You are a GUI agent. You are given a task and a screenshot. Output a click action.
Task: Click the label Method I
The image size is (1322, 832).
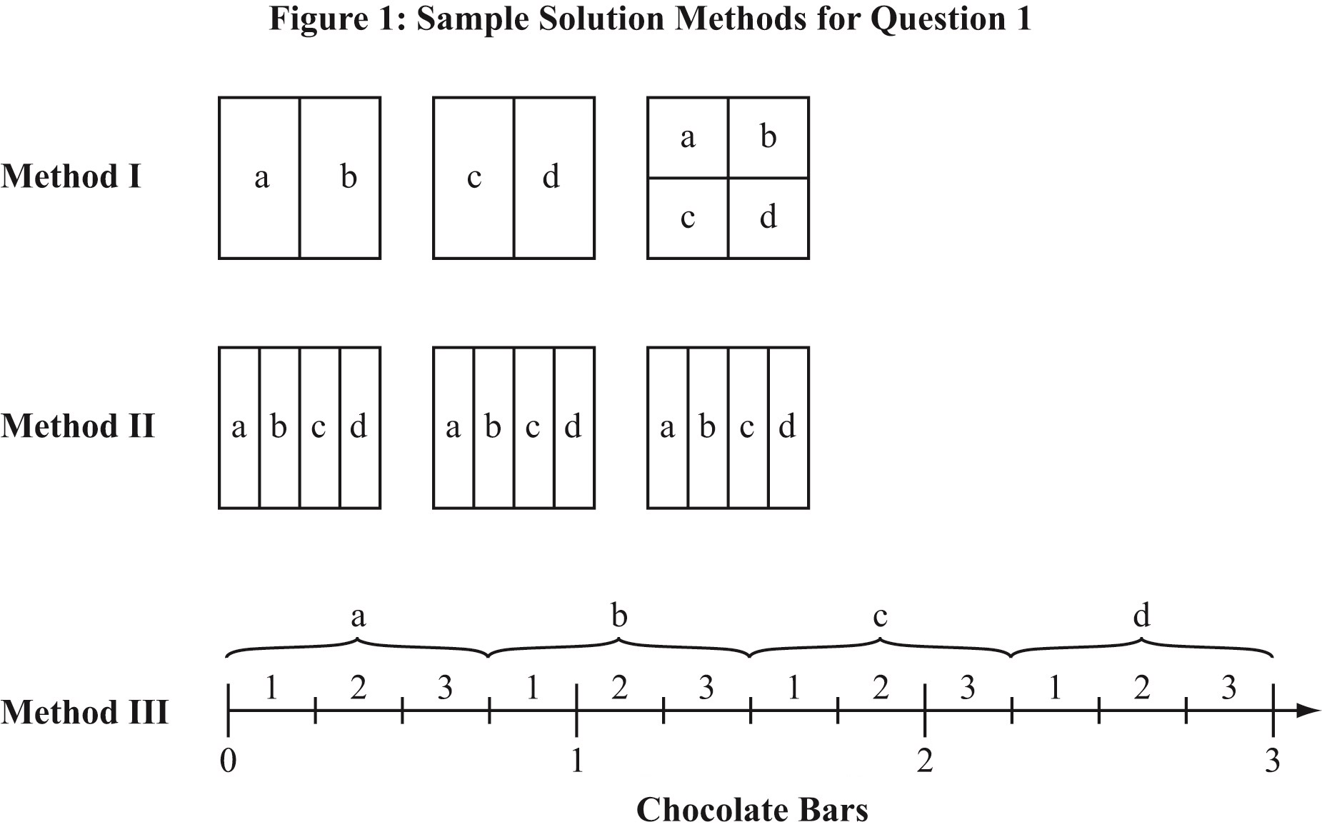71,176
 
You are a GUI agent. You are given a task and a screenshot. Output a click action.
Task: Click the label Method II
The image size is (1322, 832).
78,426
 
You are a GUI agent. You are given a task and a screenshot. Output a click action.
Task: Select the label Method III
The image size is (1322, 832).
84,712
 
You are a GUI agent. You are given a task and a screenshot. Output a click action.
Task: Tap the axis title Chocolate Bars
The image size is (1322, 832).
751,810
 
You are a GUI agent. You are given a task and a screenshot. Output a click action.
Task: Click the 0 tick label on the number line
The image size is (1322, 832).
228,761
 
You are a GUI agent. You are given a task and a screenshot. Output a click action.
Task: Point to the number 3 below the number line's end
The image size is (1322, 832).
1272,761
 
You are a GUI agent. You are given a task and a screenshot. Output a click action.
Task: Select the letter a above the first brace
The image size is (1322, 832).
358,616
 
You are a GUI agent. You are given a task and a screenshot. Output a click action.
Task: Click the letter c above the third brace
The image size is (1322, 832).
880,616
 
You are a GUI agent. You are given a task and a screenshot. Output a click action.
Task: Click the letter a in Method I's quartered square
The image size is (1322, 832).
687,137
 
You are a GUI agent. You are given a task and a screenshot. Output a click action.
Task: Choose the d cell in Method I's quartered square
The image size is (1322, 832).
768,216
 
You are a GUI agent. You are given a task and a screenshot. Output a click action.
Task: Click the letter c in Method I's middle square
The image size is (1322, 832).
474,177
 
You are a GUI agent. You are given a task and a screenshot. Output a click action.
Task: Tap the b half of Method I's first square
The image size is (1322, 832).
348,176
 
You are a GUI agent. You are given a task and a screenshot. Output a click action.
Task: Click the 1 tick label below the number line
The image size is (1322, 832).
576,761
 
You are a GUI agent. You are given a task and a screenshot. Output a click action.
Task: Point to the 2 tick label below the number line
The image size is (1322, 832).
924,761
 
